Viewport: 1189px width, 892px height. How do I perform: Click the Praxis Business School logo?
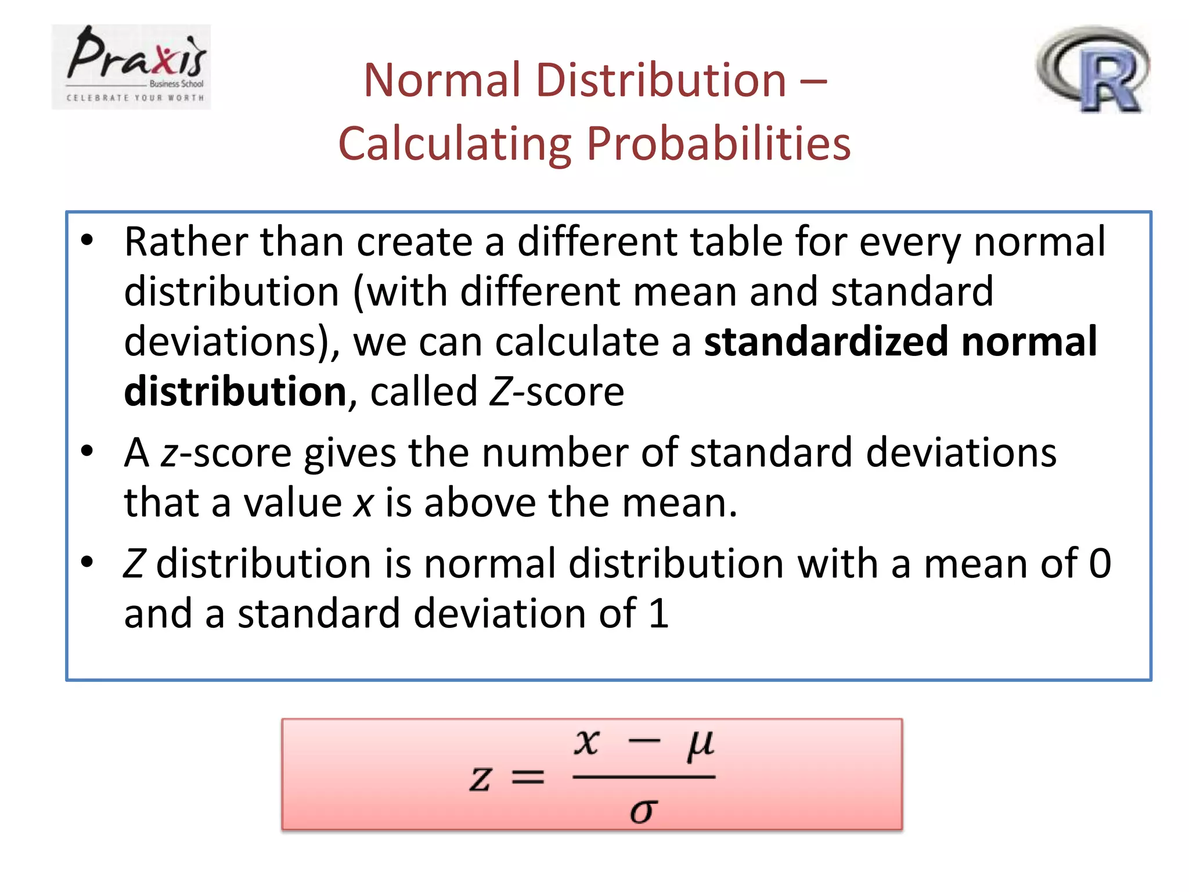pyautogui.click(x=131, y=67)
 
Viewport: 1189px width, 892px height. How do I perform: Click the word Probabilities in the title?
pyautogui.click(x=718, y=143)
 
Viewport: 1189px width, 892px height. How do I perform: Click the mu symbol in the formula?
pyautogui.click(x=700, y=745)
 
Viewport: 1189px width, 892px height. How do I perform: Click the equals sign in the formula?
pyautogui.click(x=528, y=778)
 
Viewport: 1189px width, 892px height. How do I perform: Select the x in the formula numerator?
pyautogui.click(x=586, y=743)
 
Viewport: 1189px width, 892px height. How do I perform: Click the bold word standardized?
pyautogui.click(x=826, y=341)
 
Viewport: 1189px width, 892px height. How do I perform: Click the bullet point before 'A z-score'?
pyautogui.click(x=87, y=451)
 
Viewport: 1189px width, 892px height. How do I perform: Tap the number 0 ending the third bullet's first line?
pyautogui.click(x=1100, y=563)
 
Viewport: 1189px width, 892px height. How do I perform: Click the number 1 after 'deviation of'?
pyautogui.click(x=658, y=613)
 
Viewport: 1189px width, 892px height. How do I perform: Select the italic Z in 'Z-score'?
pyautogui.click(x=500, y=392)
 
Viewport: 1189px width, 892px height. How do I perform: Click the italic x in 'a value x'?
pyautogui.click(x=363, y=503)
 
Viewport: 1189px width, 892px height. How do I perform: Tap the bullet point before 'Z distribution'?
pyautogui.click(x=87, y=562)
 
